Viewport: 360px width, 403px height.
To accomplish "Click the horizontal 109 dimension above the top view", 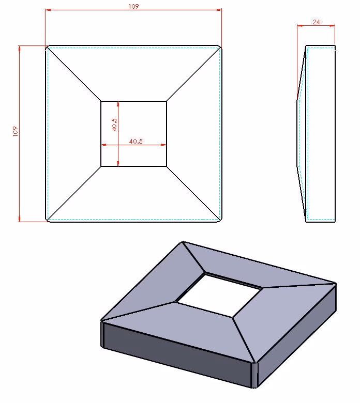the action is point(133,6).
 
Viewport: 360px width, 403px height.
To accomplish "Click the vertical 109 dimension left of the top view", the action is point(16,131).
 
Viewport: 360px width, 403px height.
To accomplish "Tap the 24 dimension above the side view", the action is point(316,22).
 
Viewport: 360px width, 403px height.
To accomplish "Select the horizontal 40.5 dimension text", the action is point(136,142).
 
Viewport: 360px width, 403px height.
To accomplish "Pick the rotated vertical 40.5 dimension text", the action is point(114,125).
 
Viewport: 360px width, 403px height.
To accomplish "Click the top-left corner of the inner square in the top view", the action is point(101,101).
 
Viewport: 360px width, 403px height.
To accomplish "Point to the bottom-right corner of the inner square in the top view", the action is point(167,166).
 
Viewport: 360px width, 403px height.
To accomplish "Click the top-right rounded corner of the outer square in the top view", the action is point(220,48).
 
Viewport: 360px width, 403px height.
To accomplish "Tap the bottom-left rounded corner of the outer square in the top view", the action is point(47,220).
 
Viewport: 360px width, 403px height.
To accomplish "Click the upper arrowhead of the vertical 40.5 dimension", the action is point(118,103).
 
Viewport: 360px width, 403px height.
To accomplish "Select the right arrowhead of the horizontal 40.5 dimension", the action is point(163,145).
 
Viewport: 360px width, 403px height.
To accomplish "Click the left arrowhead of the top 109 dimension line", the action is point(48,10).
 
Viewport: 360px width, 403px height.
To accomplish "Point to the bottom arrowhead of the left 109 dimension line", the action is point(19,219).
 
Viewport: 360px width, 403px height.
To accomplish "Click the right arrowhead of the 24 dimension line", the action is point(332,25).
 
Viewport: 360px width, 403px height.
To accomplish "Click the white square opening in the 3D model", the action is point(219,295).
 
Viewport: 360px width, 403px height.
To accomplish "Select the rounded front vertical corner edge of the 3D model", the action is point(254,375).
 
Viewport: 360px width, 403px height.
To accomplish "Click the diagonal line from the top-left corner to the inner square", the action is point(74,74).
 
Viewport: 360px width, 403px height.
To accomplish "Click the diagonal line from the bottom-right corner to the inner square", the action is point(194,193).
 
